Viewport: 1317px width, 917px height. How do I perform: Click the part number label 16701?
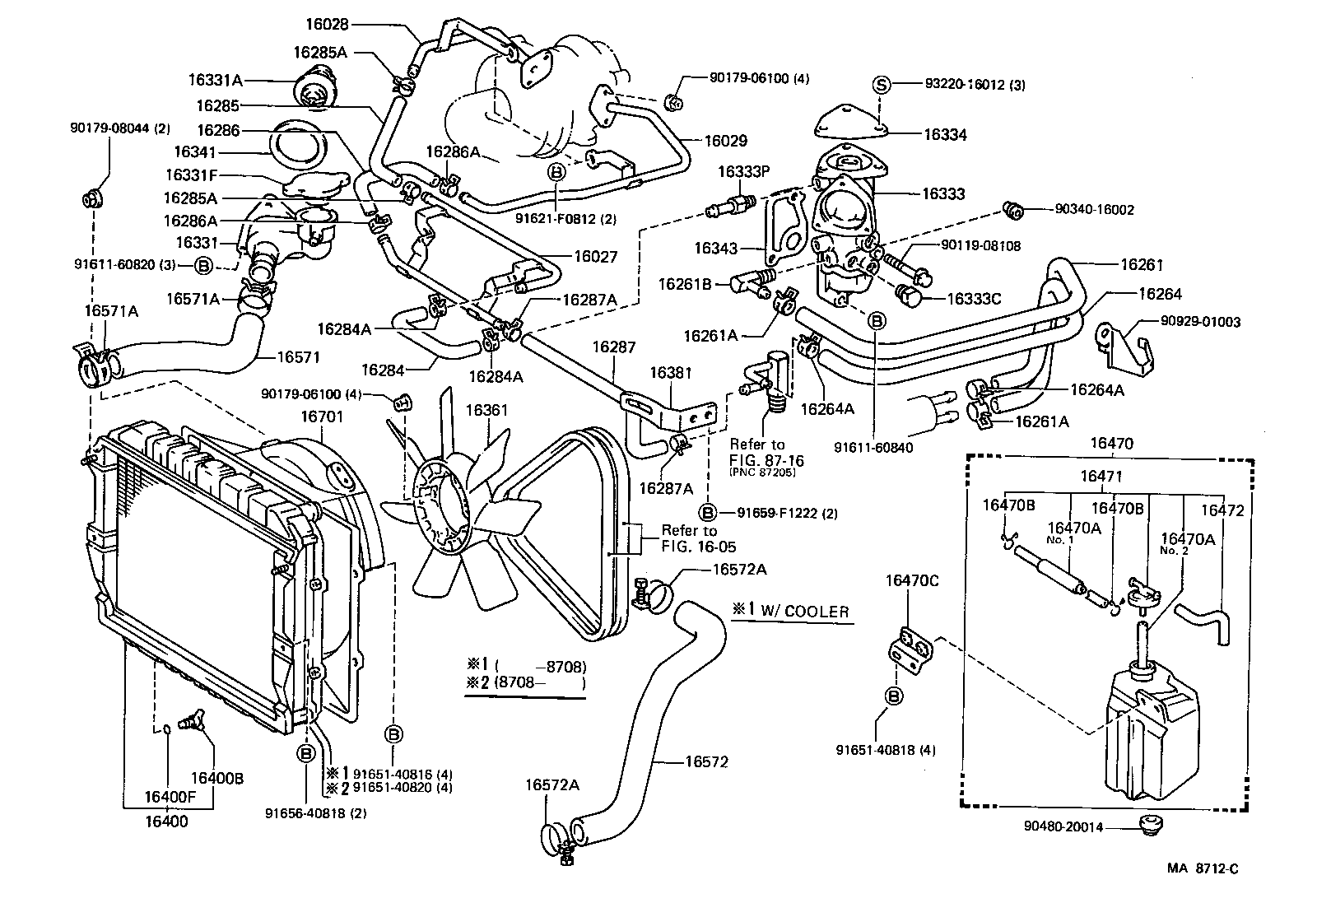pyautogui.click(x=321, y=417)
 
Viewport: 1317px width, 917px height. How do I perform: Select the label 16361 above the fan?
pyautogui.click(x=487, y=409)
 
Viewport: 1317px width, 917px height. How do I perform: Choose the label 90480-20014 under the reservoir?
pyautogui.click(x=1063, y=826)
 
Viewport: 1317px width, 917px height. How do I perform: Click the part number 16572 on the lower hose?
pyautogui.click(x=706, y=762)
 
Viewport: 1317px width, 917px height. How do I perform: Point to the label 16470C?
pyautogui.click(x=911, y=580)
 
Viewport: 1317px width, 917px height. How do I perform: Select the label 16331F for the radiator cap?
pyautogui.click(x=190, y=175)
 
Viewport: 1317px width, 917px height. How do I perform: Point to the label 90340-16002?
pyautogui.click(x=1094, y=210)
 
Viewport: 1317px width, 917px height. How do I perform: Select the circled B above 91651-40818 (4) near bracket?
pyautogui.click(x=894, y=696)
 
